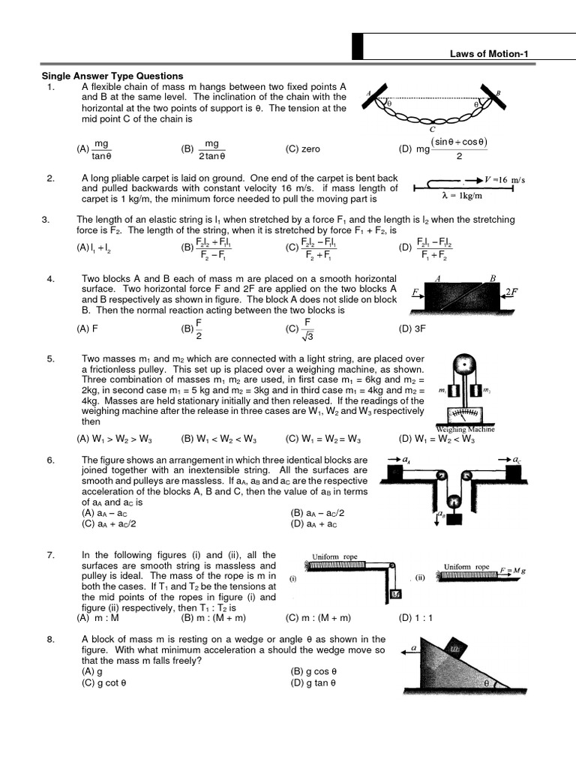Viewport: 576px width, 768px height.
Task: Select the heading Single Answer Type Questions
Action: point(112,76)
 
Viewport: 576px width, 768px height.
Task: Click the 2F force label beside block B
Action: point(511,292)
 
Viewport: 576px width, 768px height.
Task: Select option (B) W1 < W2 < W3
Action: point(218,439)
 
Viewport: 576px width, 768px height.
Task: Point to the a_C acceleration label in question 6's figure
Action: point(517,458)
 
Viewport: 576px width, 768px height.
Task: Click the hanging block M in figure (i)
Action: point(395,595)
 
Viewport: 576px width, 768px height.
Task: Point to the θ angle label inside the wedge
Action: point(487,683)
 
